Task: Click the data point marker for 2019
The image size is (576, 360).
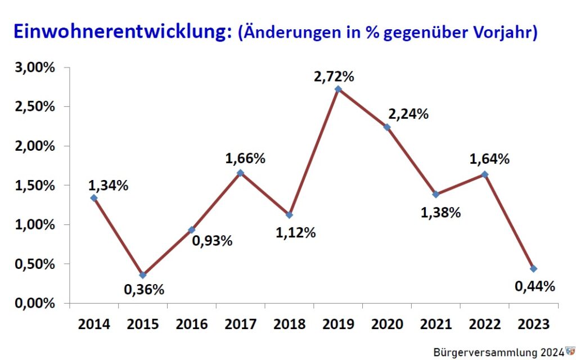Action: tap(338, 89)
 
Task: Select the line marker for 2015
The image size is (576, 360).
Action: tap(143, 275)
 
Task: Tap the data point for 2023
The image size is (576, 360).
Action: tap(533, 269)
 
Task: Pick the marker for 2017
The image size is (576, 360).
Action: tap(241, 173)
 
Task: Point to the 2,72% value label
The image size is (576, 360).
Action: tap(334, 75)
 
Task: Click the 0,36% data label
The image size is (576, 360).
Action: tap(144, 290)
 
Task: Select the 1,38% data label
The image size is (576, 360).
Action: tap(440, 213)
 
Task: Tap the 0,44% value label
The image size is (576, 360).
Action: tap(535, 286)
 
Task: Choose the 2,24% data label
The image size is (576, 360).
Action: tap(408, 114)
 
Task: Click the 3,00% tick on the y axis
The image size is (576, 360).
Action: tap(35, 67)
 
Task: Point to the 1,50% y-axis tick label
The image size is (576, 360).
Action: tap(35, 185)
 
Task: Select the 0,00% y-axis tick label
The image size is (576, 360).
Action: tap(35, 303)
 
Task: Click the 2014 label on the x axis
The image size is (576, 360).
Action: tap(94, 324)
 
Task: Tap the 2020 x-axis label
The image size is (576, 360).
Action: tap(388, 324)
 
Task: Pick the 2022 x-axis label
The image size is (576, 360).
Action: tap(485, 324)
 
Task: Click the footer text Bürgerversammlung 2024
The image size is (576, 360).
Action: tap(498, 352)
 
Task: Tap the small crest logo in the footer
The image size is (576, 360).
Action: tap(570, 351)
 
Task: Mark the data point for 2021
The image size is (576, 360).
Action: tap(436, 195)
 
